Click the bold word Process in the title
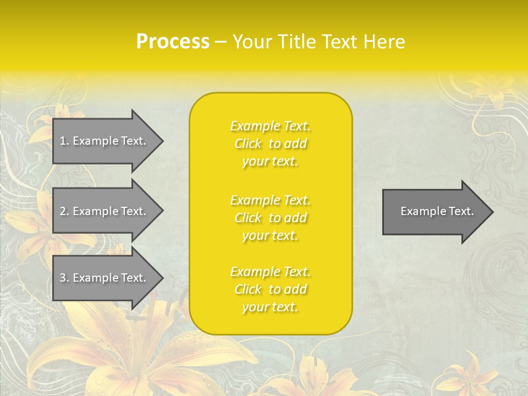coord(173,42)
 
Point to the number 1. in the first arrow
coord(64,141)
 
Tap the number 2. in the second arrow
coord(64,211)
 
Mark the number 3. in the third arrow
coord(64,278)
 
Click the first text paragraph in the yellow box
coord(271,144)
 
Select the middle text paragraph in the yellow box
coord(271,218)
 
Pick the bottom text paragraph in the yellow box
coord(271,289)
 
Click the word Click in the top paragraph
coord(248,144)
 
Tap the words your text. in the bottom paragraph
coord(270,307)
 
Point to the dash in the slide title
coord(221,42)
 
